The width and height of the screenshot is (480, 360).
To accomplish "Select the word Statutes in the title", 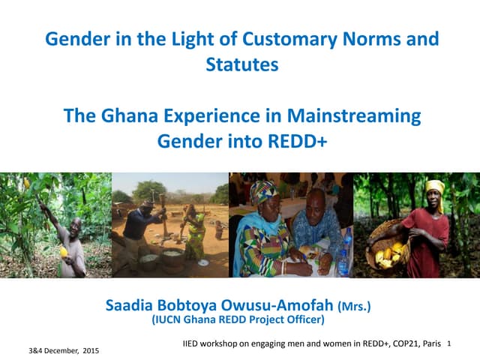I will (x=241, y=64).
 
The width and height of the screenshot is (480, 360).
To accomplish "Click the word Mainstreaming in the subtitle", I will (x=359, y=117).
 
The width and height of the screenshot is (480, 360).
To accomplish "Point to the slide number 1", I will (x=447, y=343).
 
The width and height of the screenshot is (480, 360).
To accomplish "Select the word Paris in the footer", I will (x=431, y=343).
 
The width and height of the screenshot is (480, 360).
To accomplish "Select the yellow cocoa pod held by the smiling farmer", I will (x=63, y=252).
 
